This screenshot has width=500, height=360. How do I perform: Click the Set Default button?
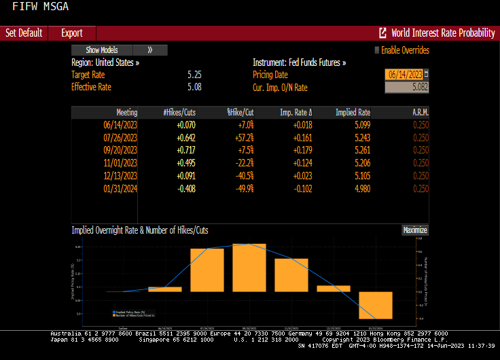coord(24,33)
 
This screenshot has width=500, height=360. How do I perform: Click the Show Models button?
coord(102,50)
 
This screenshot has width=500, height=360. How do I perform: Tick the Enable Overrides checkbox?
coord(377,50)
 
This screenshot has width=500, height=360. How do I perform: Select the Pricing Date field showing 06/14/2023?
coord(404,74)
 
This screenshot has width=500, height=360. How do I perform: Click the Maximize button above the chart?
coord(414,230)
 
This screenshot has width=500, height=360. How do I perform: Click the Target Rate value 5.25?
coord(194,75)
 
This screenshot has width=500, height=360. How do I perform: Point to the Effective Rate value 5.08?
coord(194,87)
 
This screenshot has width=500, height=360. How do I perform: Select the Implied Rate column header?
coord(353,112)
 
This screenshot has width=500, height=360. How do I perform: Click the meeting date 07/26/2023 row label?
coord(120,137)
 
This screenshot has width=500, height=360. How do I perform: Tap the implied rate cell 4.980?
coord(361,188)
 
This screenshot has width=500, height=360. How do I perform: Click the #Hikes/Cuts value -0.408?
coord(185,188)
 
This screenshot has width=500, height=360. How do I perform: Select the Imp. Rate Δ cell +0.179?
coord(302,150)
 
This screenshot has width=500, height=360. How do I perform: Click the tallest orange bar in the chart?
coord(249,268)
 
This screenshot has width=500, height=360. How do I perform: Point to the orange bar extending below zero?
coord(376,305)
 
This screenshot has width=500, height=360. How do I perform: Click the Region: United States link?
coord(105,62)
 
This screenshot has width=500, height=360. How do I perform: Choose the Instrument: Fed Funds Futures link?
coord(299,62)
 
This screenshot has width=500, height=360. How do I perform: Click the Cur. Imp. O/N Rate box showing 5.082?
coord(407,87)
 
